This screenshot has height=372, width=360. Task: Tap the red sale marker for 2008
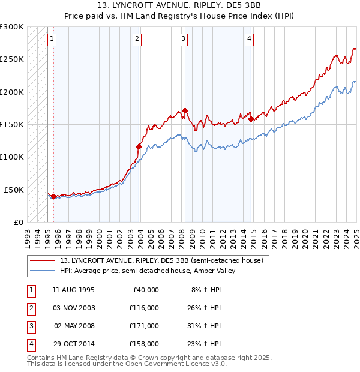point(185,110)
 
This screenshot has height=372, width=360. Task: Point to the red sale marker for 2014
point(251,119)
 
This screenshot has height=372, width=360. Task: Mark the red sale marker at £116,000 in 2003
point(139,146)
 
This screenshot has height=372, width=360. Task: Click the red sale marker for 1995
point(54,196)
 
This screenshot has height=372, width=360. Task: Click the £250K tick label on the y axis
point(12,59)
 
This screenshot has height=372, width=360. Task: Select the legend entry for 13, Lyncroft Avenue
point(161,260)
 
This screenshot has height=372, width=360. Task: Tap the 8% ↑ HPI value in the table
point(206,290)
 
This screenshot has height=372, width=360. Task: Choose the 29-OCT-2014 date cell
point(74,344)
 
